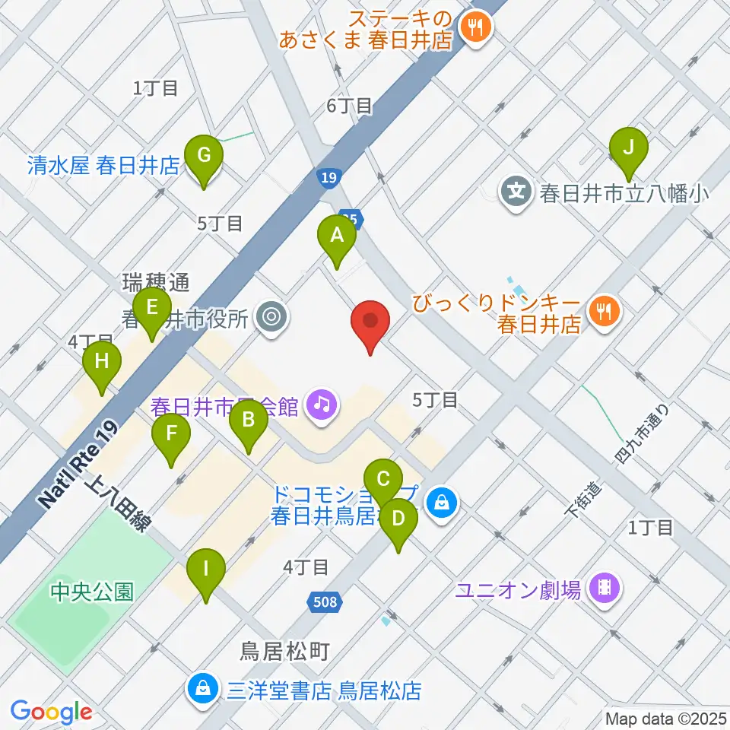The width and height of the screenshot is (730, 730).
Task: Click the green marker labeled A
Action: click(336, 241)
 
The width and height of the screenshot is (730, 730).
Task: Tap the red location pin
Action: click(370, 325)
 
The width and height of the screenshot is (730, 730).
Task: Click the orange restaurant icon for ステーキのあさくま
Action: click(478, 28)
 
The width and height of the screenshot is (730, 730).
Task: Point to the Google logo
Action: click(51, 711)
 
